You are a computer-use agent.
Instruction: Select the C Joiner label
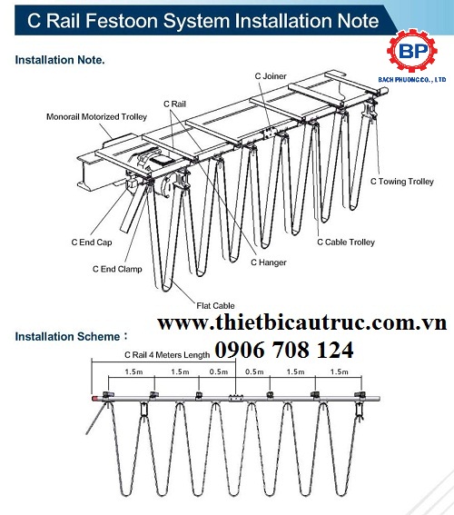click(x=271, y=76)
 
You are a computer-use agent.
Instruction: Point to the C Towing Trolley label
click(x=401, y=182)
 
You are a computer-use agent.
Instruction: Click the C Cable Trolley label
click(x=345, y=243)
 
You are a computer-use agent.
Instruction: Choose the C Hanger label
click(x=268, y=262)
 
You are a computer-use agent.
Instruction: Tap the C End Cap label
click(x=92, y=243)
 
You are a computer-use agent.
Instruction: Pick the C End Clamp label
click(x=117, y=269)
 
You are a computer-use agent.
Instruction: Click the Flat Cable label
click(x=215, y=306)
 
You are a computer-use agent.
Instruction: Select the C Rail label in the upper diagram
click(x=174, y=104)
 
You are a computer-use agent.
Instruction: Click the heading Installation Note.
click(x=60, y=61)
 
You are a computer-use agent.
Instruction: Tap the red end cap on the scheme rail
click(x=94, y=397)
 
